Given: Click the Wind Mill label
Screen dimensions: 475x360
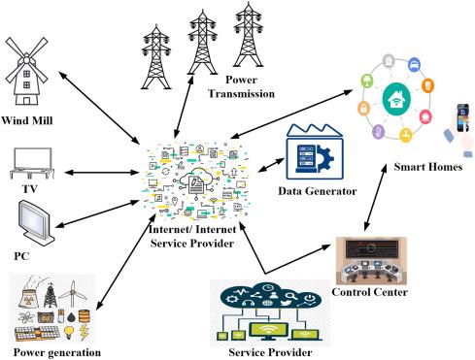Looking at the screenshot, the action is click(x=26, y=120).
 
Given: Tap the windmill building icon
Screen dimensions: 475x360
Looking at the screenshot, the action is click(x=26, y=71).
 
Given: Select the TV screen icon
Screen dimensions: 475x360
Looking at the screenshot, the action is click(x=32, y=163).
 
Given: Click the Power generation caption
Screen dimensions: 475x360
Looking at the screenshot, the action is click(x=57, y=352).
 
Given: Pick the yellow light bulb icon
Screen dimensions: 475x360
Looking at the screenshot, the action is click(x=69, y=332).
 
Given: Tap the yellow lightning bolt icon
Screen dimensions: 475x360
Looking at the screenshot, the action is click(x=85, y=333).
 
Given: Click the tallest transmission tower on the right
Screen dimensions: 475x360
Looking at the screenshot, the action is click(x=248, y=35).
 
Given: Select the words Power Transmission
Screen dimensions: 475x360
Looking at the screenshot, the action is click(x=241, y=86).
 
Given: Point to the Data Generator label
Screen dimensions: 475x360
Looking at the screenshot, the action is click(x=318, y=191).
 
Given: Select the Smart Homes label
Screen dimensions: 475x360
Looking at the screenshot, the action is click(x=427, y=167).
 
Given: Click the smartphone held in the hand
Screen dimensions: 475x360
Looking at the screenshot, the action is click(x=462, y=117).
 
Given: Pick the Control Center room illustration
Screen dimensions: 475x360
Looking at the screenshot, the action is click(x=371, y=261).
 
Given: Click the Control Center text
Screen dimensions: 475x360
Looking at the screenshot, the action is click(x=369, y=292).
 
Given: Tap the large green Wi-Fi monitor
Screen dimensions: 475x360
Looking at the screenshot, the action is click(x=268, y=331).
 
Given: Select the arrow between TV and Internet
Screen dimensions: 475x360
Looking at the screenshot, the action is click(x=101, y=173).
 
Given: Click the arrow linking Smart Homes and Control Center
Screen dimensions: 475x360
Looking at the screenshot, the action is click(x=375, y=198).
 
